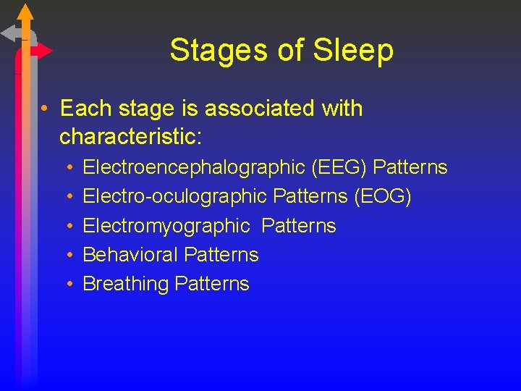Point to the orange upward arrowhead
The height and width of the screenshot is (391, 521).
25,12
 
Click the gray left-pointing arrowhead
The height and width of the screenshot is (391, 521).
9,33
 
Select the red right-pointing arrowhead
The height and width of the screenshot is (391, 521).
45,51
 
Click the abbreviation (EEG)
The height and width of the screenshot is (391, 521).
339,168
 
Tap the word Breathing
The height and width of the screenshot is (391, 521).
126,284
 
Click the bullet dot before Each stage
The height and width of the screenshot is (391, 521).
45,109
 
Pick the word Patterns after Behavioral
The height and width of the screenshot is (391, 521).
221,255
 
